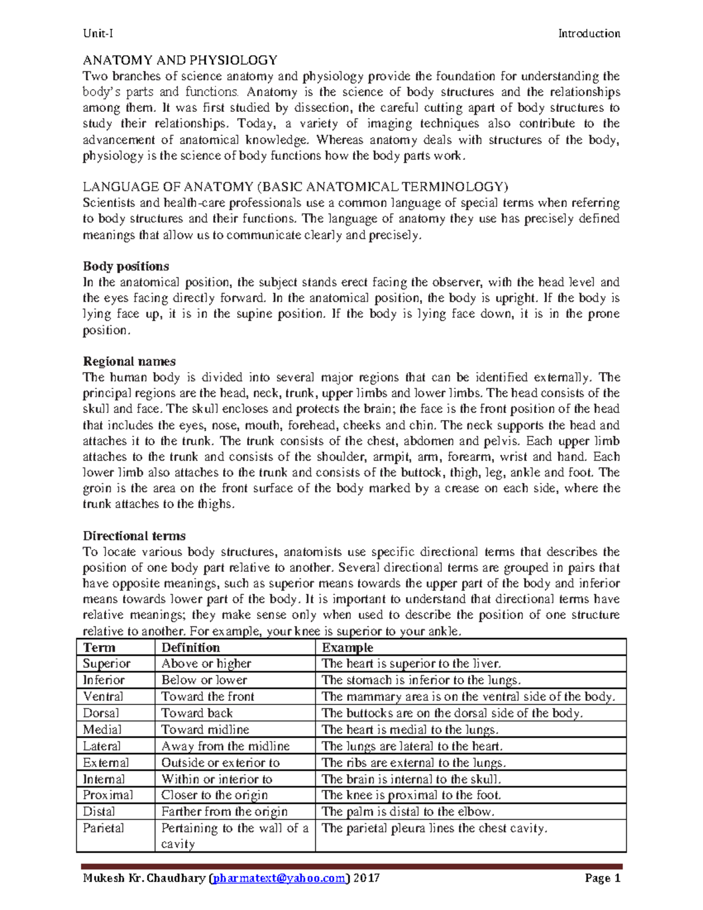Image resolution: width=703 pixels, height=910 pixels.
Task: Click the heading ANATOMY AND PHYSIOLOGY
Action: click(180, 60)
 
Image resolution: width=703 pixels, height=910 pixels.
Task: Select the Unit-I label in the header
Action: click(98, 33)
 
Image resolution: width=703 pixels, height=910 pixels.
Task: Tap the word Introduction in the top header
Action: click(589, 33)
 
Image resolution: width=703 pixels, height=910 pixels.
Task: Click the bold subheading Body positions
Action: click(126, 266)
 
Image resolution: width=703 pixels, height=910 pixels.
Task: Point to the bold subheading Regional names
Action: click(129, 361)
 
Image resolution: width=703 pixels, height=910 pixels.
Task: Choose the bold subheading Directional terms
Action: click(134, 536)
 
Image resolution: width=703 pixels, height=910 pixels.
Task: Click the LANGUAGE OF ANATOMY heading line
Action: click(296, 187)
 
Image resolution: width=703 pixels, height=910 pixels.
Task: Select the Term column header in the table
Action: click(99, 647)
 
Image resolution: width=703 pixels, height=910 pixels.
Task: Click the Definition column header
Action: click(190, 647)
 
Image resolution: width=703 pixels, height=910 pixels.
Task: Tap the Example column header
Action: click(347, 647)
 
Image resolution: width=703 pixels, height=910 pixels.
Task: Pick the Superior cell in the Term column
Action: click(107, 663)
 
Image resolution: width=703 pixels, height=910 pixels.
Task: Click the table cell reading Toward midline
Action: click(205, 730)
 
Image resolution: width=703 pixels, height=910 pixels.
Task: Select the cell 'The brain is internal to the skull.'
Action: click(411, 779)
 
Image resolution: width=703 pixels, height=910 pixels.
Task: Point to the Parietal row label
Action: click(103, 828)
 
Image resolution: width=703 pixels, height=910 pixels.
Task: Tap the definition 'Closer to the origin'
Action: click(214, 795)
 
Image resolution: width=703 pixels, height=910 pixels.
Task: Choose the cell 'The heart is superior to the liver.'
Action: click(411, 663)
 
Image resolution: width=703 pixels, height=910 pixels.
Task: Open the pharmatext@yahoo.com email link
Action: click(278, 878)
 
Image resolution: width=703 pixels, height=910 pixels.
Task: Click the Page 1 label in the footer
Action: click(602, 878)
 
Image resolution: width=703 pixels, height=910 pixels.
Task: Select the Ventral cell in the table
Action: click(103, 697)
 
